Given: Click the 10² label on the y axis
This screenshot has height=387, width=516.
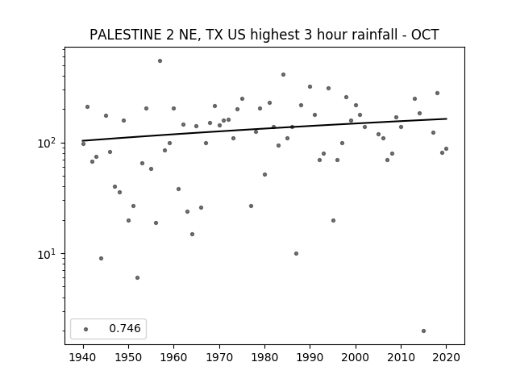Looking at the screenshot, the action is (x=48, y=144).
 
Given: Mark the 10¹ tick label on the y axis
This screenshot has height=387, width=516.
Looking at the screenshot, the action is (x=48, y=254).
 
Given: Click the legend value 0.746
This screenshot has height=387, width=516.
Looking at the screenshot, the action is (x=125, y=328).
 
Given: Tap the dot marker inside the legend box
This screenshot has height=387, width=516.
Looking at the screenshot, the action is (x=86, y=329).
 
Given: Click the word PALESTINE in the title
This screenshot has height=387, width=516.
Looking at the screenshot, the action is (x=126, y=35).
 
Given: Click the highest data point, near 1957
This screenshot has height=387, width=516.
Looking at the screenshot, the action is (x=160, y=61).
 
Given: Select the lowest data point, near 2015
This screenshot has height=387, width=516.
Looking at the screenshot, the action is (x=423, y=331).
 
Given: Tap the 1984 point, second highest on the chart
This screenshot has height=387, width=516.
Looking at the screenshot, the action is (x=283, y=75).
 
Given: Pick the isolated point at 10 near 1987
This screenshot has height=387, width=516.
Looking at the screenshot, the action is (x=296, y=254).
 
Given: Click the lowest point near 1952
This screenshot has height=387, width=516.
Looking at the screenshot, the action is (x=138, y=277).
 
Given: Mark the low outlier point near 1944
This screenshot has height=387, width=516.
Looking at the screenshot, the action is (x=101, y=258).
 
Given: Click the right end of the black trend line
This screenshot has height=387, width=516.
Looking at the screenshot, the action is (x=447, y=119).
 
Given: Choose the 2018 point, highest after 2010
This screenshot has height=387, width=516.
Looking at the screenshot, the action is (x=437, y=94).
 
